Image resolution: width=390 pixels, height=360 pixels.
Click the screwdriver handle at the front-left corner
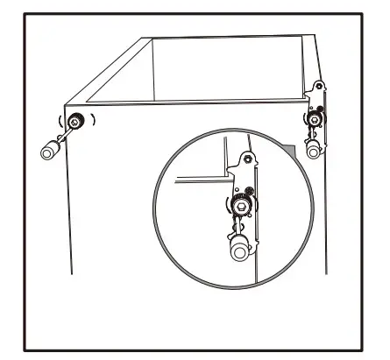pyautogui.click(x=49, y=151)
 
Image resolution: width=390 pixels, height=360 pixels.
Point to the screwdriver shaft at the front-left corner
pyautogui.click(x=63, y=137)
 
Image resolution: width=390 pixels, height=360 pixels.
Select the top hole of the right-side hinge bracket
pyautogui.click(x=320, y=88)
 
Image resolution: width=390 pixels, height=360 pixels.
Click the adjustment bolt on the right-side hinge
pyautogui.click(x=314, y=116)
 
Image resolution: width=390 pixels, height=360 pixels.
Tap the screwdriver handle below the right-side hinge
pyautogui.click(x=313, y=149)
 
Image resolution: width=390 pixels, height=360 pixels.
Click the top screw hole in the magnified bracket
pyautogui.click(x=247, y=159)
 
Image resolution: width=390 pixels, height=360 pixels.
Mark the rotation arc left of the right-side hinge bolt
pyautogui.click(x=304, y=116)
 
